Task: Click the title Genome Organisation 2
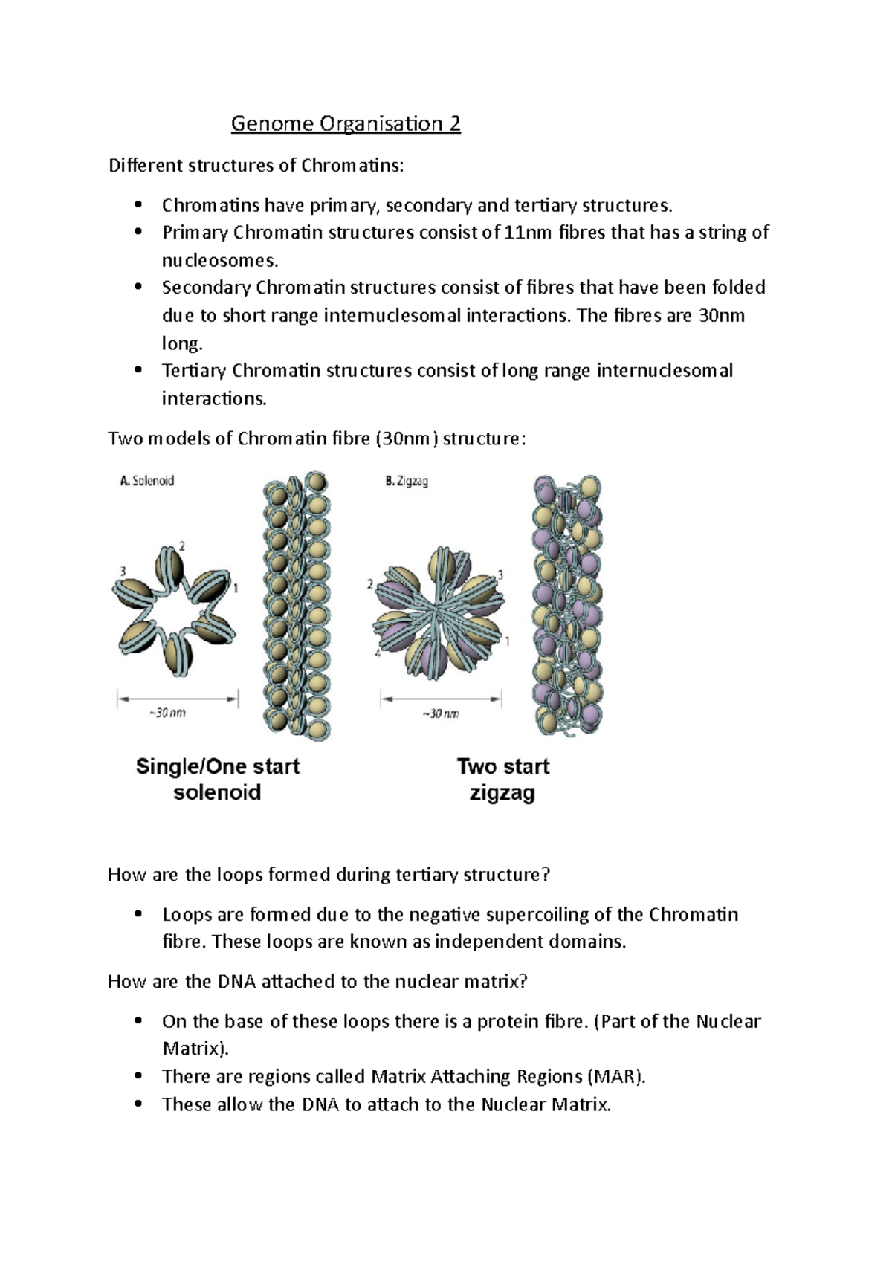(346, 123)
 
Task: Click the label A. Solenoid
(147, 481)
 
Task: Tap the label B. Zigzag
(407, 481)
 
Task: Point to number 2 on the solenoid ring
(182, 546)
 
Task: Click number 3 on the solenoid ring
(123, 571)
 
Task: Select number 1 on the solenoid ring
(236, 589)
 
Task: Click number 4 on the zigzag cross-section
(378, 653)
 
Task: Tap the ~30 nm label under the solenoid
(168, 712)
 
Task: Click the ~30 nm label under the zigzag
(441, 713)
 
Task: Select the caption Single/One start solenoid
(217, 779)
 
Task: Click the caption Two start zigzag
(503, 779)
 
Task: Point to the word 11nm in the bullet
(528, 233)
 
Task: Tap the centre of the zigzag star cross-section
(441, 612)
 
